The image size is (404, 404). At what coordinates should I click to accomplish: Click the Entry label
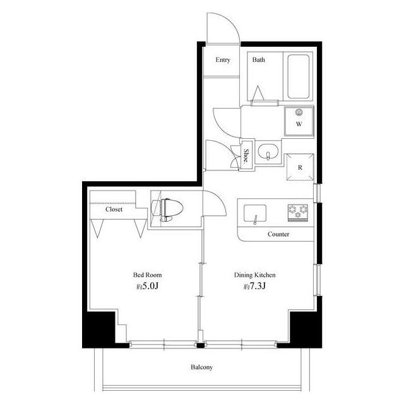tap(223, 60)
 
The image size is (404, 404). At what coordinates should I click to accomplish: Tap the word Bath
tap(258, 60)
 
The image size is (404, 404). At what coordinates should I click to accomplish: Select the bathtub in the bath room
tap(298, 76)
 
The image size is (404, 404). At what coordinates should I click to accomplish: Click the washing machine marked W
tap(299, 121)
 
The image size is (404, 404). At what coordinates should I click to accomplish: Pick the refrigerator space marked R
tap(300, 167)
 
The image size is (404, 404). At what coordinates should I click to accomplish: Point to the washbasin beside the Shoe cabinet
tap(268, 151)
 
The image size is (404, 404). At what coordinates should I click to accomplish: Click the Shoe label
tap(246, 156)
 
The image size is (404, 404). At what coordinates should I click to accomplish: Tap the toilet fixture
tap(167, 210)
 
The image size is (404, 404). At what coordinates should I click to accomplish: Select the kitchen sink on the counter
tap(255, 213)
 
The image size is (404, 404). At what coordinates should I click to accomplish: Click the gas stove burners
tap(298, 213)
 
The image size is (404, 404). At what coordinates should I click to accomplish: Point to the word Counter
tap(278, 234)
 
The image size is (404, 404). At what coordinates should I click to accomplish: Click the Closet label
tap(114, 209)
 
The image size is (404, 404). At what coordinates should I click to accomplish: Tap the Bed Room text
tap(147, 275)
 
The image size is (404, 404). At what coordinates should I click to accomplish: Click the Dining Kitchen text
tap(254, 275)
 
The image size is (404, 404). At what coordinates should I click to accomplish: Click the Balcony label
tap(202, 367)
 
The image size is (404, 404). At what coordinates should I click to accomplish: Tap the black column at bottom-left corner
tap(98, 330)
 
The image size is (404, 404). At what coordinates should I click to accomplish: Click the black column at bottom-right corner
tap(306, 330)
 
